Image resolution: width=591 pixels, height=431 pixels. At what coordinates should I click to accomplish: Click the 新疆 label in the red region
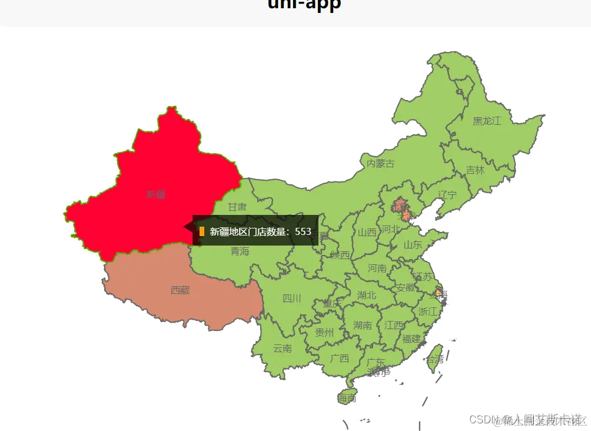(156, 195)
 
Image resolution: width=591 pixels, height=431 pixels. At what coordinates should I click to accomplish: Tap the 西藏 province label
(180, 290)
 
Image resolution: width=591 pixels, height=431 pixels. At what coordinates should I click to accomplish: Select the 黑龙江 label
(487, 121)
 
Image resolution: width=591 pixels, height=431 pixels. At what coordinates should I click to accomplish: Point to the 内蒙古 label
(380, 164)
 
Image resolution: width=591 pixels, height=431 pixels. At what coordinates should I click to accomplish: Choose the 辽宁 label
(447, 195)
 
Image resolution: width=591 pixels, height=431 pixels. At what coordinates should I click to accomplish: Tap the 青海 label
(240, 251)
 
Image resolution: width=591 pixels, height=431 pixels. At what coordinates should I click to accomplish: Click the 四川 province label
(291, 299)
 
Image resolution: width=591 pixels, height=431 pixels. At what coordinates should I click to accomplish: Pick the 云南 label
(283, 348)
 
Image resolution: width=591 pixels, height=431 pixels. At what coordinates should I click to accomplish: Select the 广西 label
(339, 358)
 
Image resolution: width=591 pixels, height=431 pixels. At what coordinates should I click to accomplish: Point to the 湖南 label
(363, 325)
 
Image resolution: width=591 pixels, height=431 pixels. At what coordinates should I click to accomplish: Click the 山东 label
(413, 245)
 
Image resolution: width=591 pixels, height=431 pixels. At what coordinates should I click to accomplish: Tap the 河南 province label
(377, 268)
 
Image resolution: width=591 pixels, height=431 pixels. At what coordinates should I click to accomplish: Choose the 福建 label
(411, 339)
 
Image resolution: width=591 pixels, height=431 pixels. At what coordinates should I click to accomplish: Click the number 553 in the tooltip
(303, 231)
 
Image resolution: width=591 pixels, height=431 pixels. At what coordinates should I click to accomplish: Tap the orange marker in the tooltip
(202, 231)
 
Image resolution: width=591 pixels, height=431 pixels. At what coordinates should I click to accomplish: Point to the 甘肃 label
(237, 207)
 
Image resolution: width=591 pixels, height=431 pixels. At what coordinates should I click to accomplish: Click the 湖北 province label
(366, 295)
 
